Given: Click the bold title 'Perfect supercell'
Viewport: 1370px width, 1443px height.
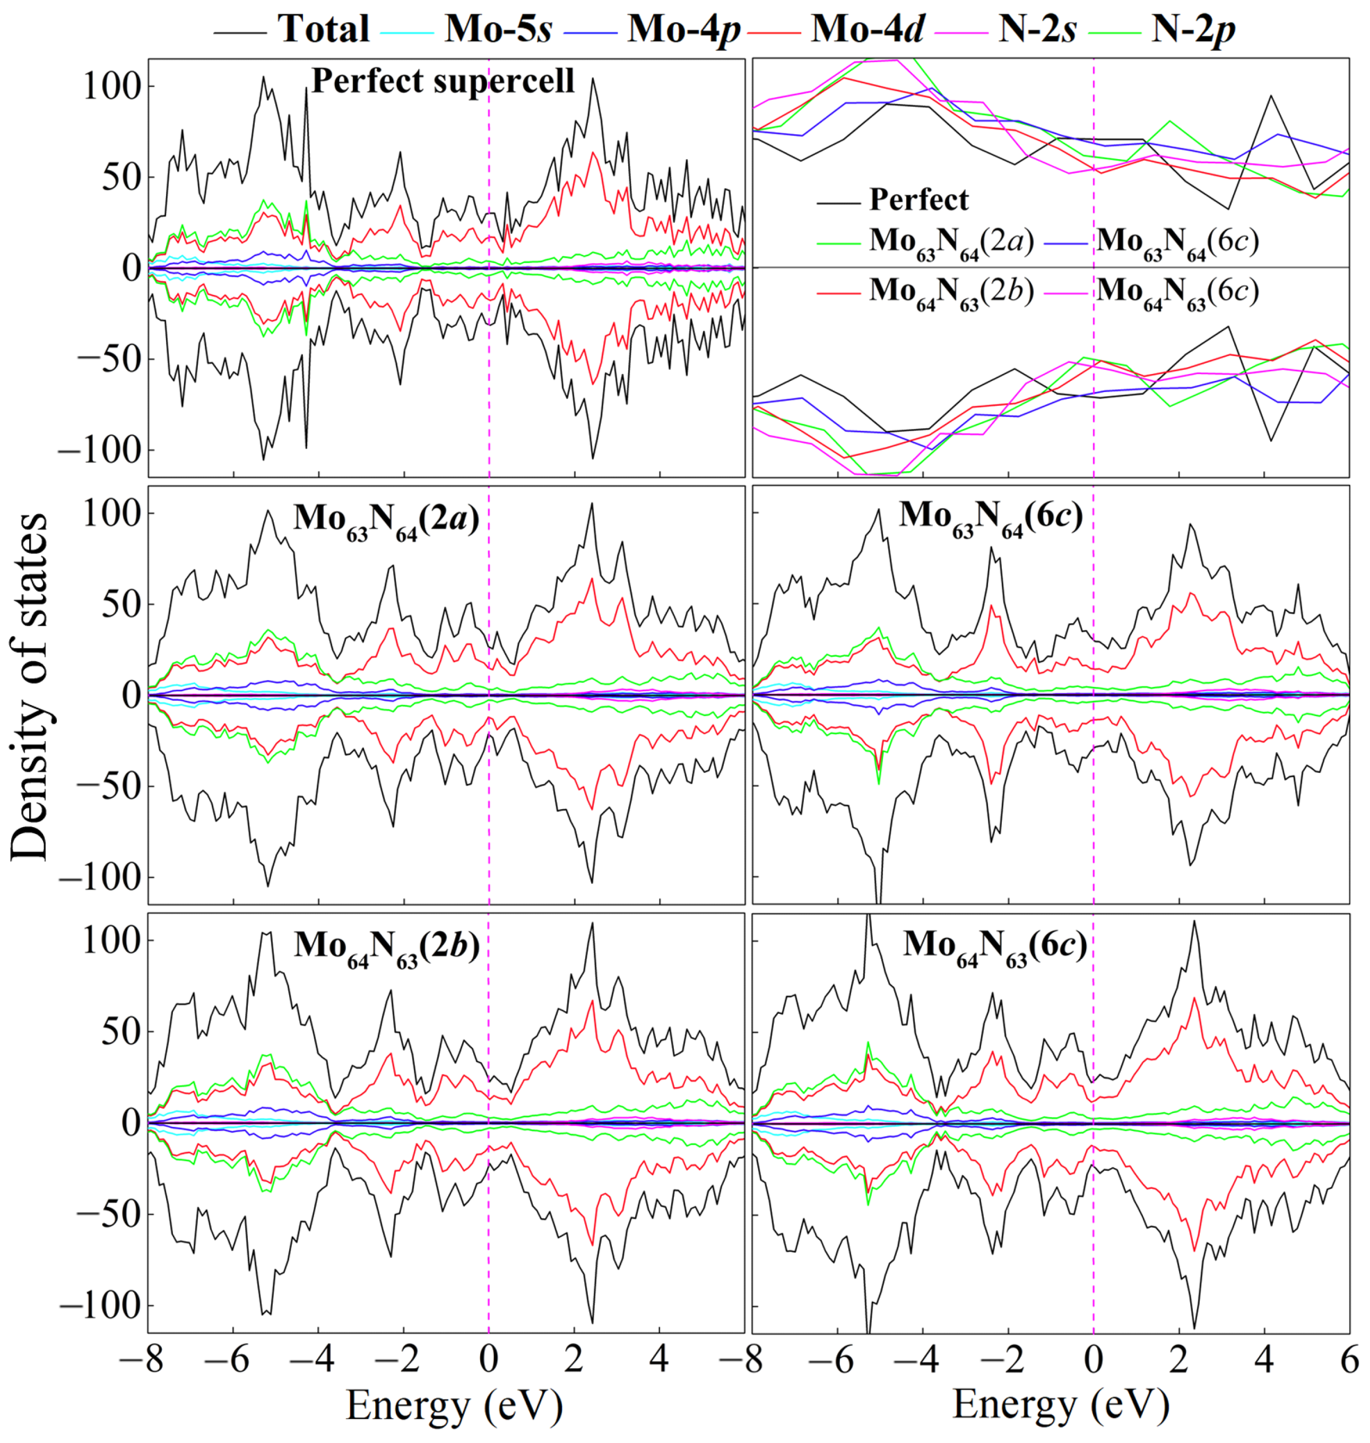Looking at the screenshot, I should click(443, 80).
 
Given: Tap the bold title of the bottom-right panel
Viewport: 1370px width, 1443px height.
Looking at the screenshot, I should click(995, 946).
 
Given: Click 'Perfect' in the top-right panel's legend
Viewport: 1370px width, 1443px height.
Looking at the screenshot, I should click(918, 199).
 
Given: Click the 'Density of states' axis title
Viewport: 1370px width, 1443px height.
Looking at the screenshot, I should click(29, 686).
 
